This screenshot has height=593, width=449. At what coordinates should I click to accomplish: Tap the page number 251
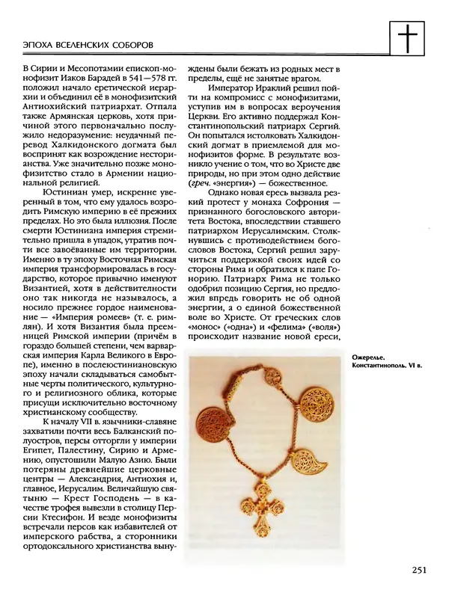click(419, 572)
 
